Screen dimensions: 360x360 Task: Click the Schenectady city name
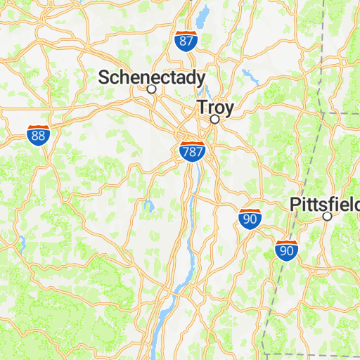(152, 77)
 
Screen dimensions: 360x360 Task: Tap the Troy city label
(215, 108)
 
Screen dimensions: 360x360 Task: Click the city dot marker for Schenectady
(151, 89)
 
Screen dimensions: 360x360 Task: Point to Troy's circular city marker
(215, 120)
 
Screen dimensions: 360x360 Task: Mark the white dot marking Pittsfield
(327, 217)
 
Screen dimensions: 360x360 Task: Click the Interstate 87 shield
(186, 41)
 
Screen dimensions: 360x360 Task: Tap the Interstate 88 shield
(39, 135)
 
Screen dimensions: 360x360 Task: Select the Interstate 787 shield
(192, 151)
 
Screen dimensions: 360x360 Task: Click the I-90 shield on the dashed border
(286, 250)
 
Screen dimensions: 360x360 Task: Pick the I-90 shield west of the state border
(250, 219)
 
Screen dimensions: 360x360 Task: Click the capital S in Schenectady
(104, 77)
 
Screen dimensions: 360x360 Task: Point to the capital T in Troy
(202, 108)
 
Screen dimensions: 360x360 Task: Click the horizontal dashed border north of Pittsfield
(341, 112)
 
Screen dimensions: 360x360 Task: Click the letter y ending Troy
(229, 110)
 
